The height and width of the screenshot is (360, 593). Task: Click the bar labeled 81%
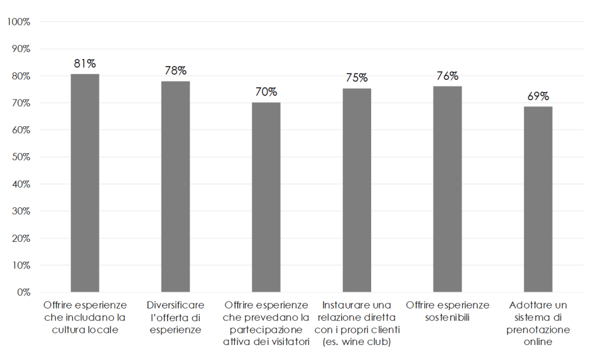pyautogui.click(x=85, y=183)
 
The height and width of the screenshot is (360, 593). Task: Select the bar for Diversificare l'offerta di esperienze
pyautogui.click(x=175, y=186)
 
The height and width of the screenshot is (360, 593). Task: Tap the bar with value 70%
pyautogui.click(x=266, y=197)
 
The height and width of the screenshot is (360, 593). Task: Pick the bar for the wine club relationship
pyautogui.click(x=357, y=190)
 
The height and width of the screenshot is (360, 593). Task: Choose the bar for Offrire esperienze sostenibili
pyautogui.click(x=448, y=189)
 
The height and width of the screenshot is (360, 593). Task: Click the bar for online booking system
pyautogui.click(x=538, y=199)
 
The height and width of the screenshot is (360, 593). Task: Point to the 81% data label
pyautogui.click(x=85, y=64)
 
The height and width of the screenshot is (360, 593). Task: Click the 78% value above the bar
pyautogui.click(x=175, y=71)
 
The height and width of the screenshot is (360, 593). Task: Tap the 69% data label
pyautogui.click(x=538, y=96)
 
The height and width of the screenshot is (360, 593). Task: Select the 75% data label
pyautogui.click(x=357, y=78)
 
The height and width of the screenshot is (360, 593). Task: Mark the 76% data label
pyautogui.click(x=448, y=76)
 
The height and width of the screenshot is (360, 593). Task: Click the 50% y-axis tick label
pyautogui.click(x=20, y=157)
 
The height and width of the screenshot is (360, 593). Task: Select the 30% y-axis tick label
pyautogui.click(x=20, y=211)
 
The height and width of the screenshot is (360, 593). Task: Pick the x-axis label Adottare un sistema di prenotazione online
pyautogui.click(x=538, y=324)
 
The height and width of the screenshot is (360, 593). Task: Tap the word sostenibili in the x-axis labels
pyautogui.click(x=448, y=318)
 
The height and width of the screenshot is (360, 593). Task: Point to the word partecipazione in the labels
pyautogui.click(x=266, y=330)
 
